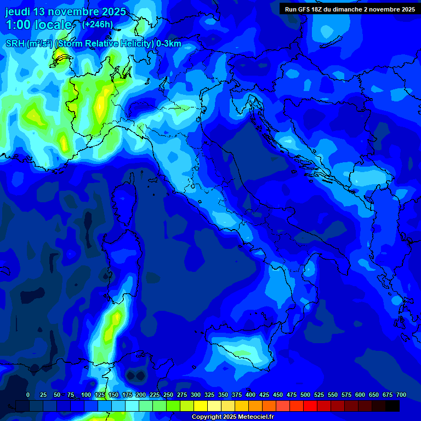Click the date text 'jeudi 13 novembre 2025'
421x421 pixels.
(65, 12)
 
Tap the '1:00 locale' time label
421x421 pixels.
(39, 25)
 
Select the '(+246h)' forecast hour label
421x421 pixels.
(98, 24)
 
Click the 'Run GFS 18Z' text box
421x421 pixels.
(350, 9)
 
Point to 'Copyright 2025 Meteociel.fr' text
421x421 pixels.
(232, 417)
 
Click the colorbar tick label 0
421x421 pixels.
(28, 395)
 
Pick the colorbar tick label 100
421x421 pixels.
(86, 395)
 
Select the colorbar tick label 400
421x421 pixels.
(251, 395)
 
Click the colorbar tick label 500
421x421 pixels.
(305, 395)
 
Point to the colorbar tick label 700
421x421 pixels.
(401, 395)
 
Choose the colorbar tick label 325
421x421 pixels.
(209, 395)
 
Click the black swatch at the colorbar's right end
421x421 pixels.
(392, 406)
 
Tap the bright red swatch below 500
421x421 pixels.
(310, 406)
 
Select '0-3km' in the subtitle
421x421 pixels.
(168, 44)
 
